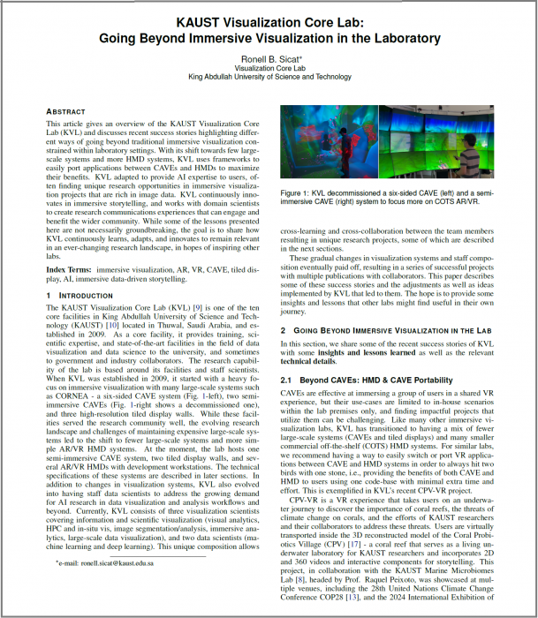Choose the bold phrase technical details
309,360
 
